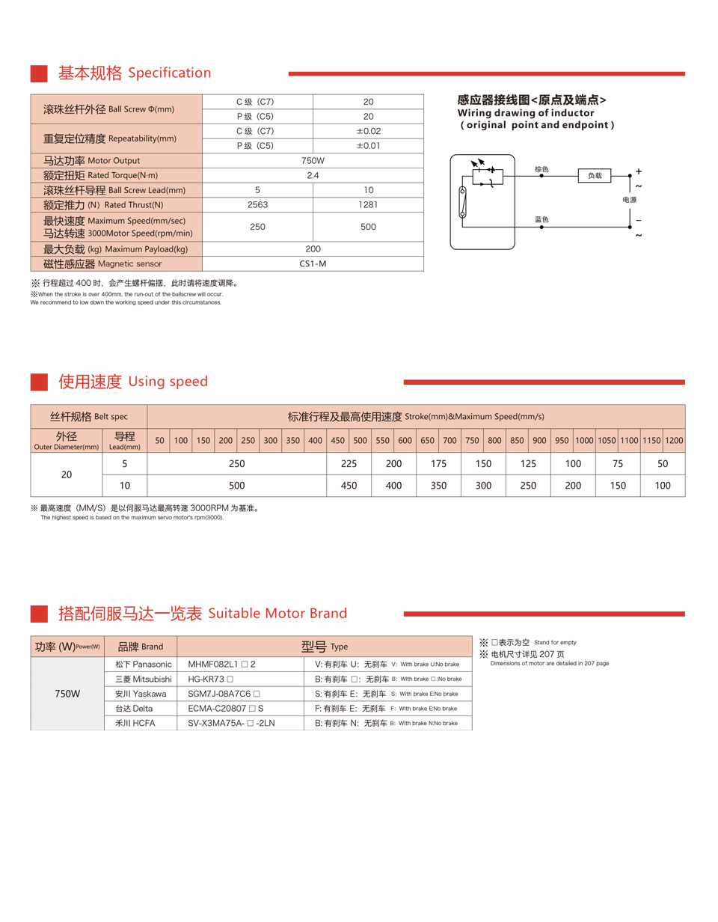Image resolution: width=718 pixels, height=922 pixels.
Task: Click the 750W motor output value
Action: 313,160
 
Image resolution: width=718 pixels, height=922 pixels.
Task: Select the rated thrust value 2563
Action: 257,204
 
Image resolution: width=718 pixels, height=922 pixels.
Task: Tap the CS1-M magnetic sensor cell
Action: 313,263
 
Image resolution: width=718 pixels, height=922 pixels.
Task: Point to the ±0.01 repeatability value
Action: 368,145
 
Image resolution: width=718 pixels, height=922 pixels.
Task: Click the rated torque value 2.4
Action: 313,175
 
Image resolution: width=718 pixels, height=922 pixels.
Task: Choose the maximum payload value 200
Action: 313,248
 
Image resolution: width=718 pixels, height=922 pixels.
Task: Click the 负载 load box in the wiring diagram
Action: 595,175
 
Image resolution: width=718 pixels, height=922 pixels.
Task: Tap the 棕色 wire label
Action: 542,170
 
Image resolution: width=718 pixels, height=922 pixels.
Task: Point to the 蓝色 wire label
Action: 542,219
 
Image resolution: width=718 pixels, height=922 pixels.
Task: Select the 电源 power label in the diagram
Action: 630,200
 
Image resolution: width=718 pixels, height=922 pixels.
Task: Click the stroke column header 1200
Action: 674,441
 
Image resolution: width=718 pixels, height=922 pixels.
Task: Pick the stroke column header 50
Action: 159,441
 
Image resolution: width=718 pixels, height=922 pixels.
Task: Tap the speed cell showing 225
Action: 349,463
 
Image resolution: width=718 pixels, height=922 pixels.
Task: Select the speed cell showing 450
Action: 349,486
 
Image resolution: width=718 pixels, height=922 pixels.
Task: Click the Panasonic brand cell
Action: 143,664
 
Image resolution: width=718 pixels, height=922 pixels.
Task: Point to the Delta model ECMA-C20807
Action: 225,708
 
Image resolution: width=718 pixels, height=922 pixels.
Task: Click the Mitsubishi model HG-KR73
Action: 211,679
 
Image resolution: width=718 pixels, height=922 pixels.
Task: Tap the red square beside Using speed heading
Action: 40,382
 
